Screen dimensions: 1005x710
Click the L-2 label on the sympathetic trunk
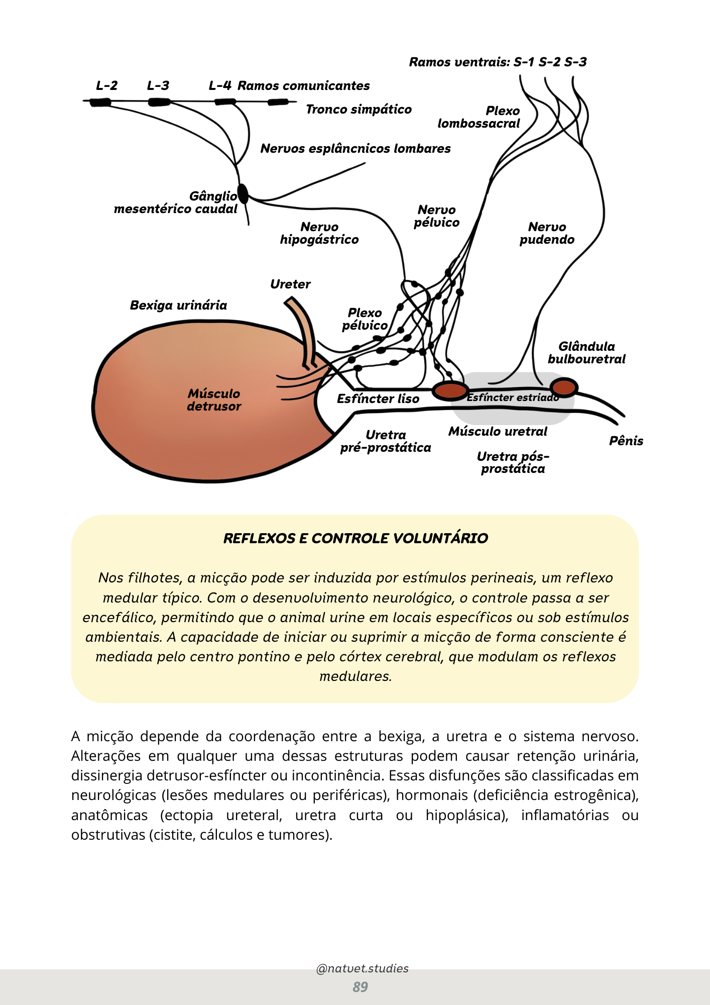pyautogui.click(x=106, y=86)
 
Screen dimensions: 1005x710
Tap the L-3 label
pyautogui.click(x=158, y=86)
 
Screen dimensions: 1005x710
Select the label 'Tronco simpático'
pyautogui.click(x=359, y=110)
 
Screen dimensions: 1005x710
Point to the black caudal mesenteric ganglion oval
pyautogui.click(x=243, y=193)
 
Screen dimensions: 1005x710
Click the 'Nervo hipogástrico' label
pyautogui.click(x=319, y=233)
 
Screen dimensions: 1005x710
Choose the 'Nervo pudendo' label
pyautogui.click(x=547, y=233)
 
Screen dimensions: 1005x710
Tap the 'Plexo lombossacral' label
pyautogui.click(x=480, y=117)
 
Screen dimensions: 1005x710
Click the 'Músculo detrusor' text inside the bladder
pyautogui.click(x=214, y=400)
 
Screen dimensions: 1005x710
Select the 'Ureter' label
pyautogui.click(x=290, y=284)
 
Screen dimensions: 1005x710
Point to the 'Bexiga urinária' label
pyautogui.click(x=178, y=306)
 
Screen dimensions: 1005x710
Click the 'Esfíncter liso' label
pyautogui.click(x=378, y=399)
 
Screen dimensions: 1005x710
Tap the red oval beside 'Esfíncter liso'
pyautogui.click(x=450, y=390)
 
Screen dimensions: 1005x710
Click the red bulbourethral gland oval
pyautogui.click(x=563, y=387)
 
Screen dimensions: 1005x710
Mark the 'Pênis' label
pyautogui.click(x=626, y=441)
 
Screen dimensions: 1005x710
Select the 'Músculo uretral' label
pyautogui.click(x=498, y=432)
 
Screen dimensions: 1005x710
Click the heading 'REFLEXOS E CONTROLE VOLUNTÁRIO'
pyautogui.click(x=356, y=538)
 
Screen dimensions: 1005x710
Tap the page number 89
pyautogui.click(x=360, y=987)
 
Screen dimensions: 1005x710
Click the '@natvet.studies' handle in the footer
pyautogui.click(x=362, y=968)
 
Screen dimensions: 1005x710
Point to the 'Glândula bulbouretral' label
pyautogui.click(x=586, y=353)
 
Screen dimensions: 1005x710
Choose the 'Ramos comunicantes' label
pyautogui.click(x=303, y=86)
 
